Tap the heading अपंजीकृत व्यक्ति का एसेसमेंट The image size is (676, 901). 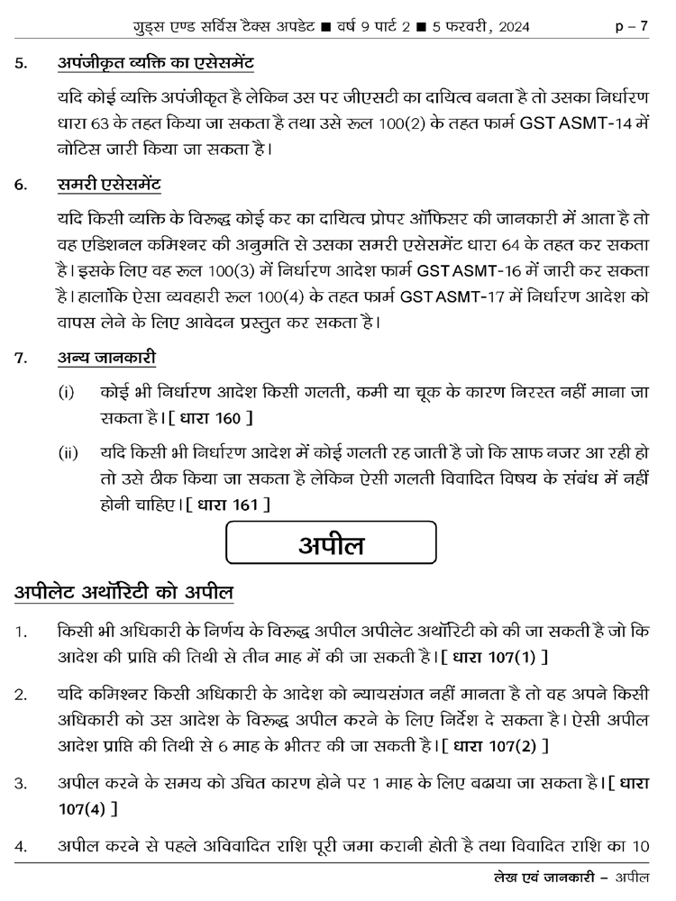point(155,63)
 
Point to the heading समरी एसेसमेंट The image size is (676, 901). point(109,187)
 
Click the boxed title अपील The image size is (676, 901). point(331,544)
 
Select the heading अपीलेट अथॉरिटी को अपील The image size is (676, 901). point(123,593)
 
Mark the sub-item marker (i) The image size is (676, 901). point(67,394)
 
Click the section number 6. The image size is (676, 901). point(20,187)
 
